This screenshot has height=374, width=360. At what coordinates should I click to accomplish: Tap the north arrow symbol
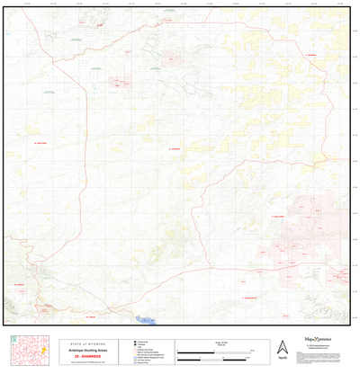pos(283,347)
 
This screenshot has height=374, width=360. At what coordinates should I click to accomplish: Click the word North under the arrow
pos(283,358)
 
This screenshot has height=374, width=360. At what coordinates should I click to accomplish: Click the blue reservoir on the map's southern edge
pos(144,318)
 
